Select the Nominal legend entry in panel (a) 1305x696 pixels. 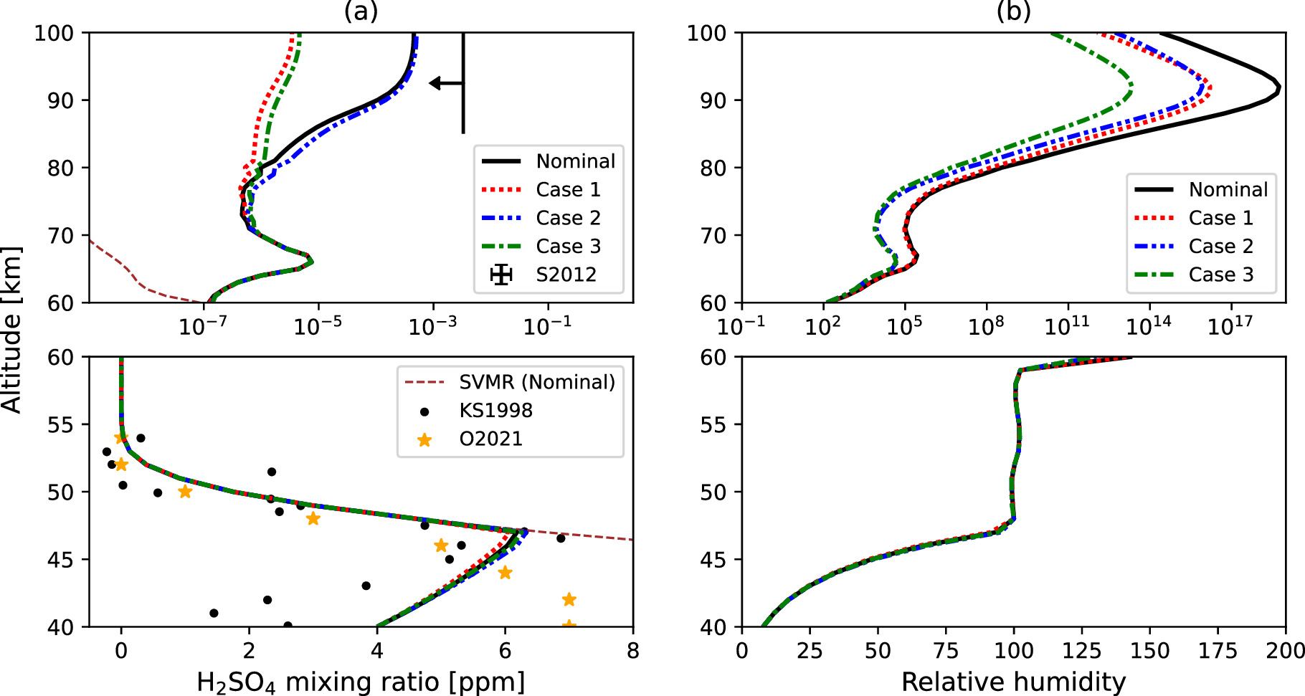click(x=549, y=161)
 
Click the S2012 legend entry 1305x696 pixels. click(x=549, y=275)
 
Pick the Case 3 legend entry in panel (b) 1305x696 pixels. click(x=1201, y=275)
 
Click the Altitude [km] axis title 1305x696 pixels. click(x=11, y=330)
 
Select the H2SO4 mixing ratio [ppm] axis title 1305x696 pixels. click(x=361, y=682)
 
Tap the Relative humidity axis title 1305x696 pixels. click(x=1013, y=682)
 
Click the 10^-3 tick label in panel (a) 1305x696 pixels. click(x=432, y=327)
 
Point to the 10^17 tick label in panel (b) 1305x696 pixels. click(x=1230, y=327)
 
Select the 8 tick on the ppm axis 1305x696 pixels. click(x=632, y=651)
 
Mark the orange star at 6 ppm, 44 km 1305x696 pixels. click(x=505, y=573)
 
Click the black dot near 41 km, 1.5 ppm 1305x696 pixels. click(x=214, y=613)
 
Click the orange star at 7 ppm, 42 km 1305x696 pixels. click(x=569, y=599)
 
